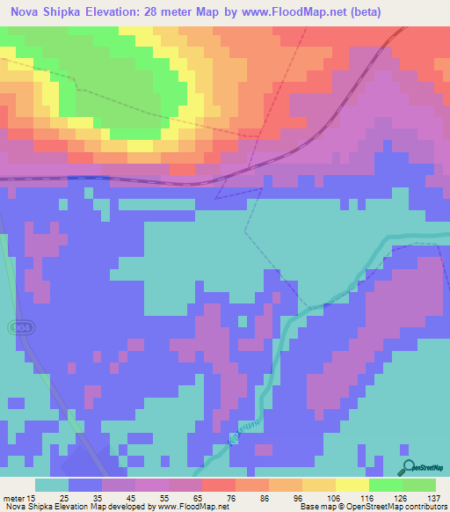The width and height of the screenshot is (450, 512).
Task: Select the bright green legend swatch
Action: (x=385, y=485)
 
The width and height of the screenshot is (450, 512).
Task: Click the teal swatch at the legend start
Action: (x=51, y=485)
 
